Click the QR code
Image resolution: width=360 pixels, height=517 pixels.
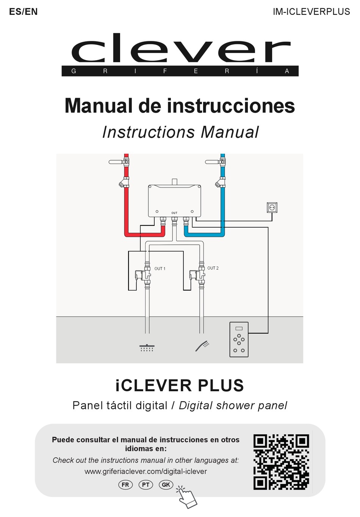(281, 462)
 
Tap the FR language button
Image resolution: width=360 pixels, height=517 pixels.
(125, 485)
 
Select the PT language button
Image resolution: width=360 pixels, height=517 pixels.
(146, 485)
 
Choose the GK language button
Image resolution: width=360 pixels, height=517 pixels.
(166, 485)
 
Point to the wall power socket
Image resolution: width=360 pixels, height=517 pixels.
(272, 208)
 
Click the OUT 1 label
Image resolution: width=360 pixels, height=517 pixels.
(160, 269)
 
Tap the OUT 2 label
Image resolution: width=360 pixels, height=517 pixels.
(213, 268)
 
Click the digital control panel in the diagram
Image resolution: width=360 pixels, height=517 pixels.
(239, 339)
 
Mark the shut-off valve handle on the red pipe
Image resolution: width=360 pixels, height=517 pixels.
(116, 162)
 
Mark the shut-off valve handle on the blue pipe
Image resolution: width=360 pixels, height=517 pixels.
(212, 162)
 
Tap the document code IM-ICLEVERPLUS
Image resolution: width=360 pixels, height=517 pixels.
(311, 12)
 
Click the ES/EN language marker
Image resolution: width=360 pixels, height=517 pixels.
(23, 12)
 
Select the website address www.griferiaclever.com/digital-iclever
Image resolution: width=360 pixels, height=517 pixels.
(146, 472)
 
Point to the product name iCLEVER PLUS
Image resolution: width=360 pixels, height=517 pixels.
(180, 386)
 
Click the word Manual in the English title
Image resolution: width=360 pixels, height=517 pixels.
(230, 133)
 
